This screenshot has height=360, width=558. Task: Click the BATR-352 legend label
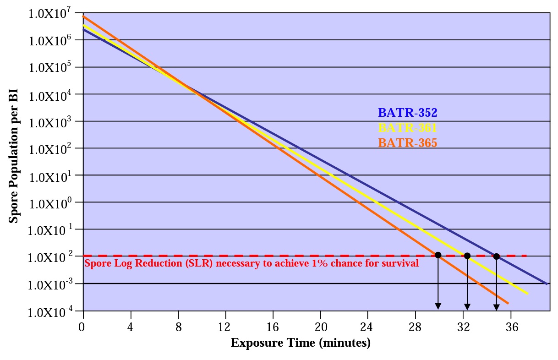coord(407,113)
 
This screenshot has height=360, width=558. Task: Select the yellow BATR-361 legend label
coord(407,128)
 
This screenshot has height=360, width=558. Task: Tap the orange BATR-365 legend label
coord(407,143)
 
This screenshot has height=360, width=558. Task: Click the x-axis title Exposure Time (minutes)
coord(300,343)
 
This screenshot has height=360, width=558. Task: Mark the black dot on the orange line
coord(438,255)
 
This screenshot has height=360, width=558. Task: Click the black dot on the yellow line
coord(467,256)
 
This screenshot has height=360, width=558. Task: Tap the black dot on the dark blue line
coord(497,256)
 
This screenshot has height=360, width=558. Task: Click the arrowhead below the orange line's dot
coord(438,306)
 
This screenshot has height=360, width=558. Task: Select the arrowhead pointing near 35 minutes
coord(497,307)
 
